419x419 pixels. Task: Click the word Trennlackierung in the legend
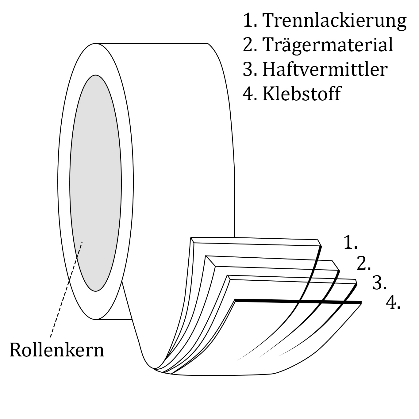click(335, 20)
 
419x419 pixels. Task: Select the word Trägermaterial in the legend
click(328, 45)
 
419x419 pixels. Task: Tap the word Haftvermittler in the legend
click(325, 69)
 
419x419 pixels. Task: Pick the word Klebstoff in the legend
click(302, 94)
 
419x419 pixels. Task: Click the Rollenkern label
click(57, 350)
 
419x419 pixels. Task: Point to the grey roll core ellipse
click(95, 172)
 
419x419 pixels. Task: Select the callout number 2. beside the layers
click(364, 264)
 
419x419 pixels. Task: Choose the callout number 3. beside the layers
click(379, 283)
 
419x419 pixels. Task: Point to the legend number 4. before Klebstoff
click(249, 94)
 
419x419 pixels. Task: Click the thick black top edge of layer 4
click(298, 301)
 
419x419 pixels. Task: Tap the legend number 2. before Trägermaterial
click(249, 45)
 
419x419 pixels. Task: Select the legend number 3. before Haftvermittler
click(249, 70)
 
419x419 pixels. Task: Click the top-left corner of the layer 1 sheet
click(191, 238)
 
